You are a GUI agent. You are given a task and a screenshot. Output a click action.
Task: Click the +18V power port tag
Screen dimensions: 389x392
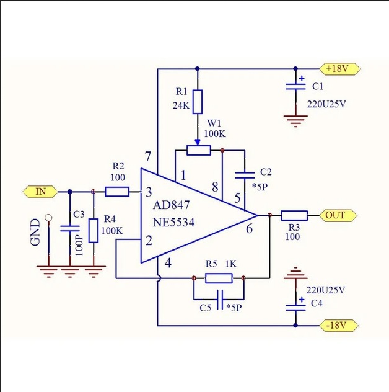tap(340, 68)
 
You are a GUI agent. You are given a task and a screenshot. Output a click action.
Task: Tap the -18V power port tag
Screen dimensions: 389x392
tap(339, 326)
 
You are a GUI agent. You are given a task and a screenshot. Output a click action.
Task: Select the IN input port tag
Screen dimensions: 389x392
tap(40, 192)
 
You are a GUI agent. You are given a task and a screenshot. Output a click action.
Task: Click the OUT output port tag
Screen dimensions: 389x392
tap(338, 215)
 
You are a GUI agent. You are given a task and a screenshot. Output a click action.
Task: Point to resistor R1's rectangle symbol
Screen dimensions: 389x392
tap(197, 102)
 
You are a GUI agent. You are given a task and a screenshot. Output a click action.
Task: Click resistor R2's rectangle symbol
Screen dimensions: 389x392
tap(117, 192)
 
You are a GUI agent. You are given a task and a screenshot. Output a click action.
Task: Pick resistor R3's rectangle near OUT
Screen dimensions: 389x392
tap(294, 215)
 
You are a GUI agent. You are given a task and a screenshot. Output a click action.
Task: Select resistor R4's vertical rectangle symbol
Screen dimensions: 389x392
tap(94, 231)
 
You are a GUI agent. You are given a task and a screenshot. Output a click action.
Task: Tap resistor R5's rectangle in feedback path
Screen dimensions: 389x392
tap(219, 278)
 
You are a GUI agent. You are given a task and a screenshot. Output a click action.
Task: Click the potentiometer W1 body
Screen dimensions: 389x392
tap(199, 150)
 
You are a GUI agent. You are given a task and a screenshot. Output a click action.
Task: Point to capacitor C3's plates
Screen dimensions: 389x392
tap(70, 228)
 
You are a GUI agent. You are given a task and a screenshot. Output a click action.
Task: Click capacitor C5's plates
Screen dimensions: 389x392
tap(220, 300)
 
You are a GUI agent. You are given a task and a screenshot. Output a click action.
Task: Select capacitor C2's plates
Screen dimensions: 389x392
tap(245, 175)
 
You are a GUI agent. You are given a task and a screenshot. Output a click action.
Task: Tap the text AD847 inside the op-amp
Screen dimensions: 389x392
tap(172, 205)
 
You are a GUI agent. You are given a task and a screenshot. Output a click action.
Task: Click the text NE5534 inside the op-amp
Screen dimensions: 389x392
tap(173, 222)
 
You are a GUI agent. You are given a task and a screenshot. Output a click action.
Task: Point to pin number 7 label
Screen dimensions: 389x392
tap(148, 157)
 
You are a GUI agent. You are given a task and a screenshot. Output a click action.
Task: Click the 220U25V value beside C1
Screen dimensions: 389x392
tap(326, 104)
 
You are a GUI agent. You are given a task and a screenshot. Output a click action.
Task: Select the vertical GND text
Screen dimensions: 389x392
tap(35, 232)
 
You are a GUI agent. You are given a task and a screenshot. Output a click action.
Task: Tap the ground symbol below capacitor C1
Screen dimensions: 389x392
tap(295, 121)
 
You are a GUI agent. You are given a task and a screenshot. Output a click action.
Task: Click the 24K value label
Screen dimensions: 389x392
tap(181, 105)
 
